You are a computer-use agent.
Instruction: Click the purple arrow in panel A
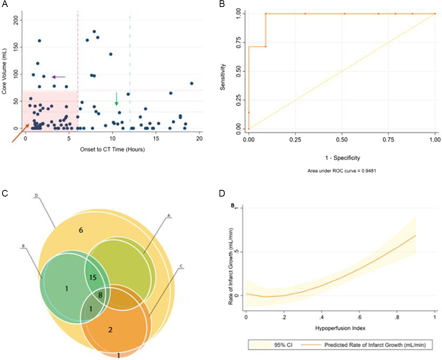click(x=59, y=77)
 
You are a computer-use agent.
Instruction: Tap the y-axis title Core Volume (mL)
click(x=4, y=71)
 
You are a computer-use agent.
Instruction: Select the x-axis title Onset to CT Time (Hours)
click(x=112, y=150)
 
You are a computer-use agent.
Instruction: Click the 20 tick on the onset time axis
click(x=199, y=139)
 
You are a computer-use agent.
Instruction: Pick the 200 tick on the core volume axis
click(x=16, y=20)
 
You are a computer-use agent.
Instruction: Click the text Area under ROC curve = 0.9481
click(x=341, y=171)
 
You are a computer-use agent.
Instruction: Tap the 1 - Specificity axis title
click(x=343, y=158)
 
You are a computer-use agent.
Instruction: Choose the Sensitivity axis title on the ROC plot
click(x=222, y=77)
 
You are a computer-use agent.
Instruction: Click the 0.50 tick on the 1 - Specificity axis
click(x=342, y=140)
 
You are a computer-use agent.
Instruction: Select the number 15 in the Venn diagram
click(x=93, y=278)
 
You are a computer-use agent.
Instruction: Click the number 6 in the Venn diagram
click(x=81, y=230)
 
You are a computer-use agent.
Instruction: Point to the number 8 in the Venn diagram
click(x=100, y=295)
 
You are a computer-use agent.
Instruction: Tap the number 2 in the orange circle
click(x=110, y=330)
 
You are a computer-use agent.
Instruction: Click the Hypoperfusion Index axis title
click(x=340, y=328)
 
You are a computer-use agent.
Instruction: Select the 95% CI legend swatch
click(x=260, y=345)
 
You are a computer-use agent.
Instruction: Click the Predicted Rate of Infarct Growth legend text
click(x=375, y=345)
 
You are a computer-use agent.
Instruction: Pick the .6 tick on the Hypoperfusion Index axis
click(x=359, y=317)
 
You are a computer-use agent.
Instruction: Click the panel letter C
click(x=5, y=193)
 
